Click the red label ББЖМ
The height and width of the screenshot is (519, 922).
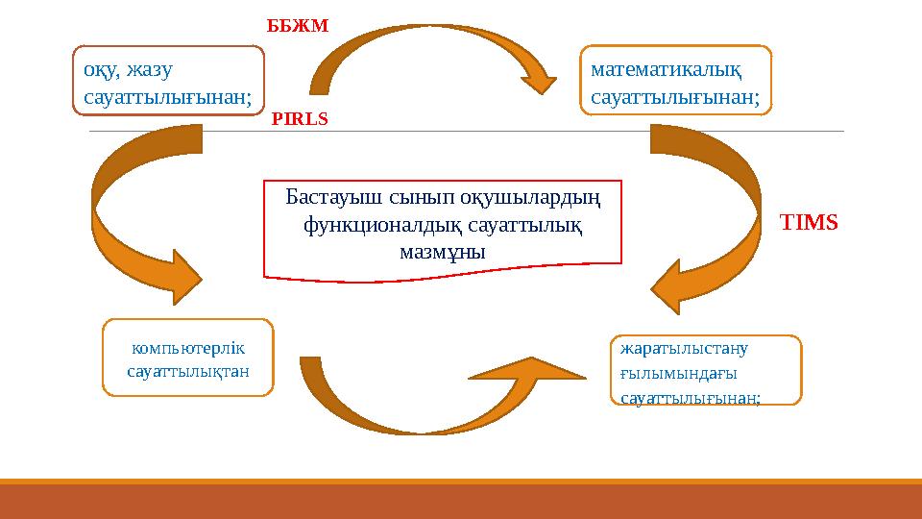pos(297,26)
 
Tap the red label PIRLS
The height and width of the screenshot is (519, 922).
pos(300,120)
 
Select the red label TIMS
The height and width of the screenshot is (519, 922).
pos(809,223)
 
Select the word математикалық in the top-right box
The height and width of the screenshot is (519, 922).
pos(667,69)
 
